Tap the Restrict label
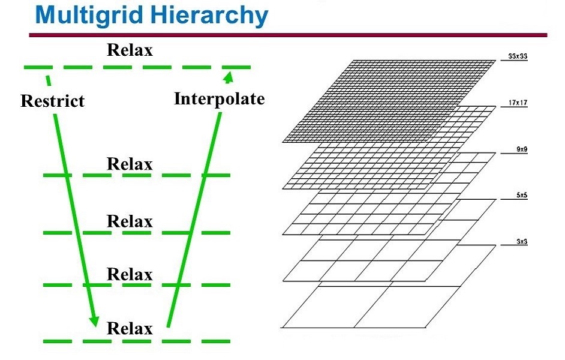pyautogui.click(x=53, y=101)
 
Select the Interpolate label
pyautogui.click(x=220, y=99)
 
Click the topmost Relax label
pyautogui.click(x=130, y=50)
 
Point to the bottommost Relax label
pyautogui.click(x=130, y=328)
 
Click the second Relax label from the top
pyautogui.click(x=130, y=164)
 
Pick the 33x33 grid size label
pyautogui.click(x=518, y=56)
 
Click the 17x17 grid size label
pyautogui.click(x=518, y=103)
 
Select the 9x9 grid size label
pyautogui.click(x=522, y=149)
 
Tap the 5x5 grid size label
pyautogui.click(x=522, y=196)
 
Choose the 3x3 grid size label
pyautogui.click(x=522, y=241)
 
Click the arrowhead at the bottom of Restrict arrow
pyautogui.click(x=95, y=322)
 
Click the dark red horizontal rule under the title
pyautogui.click(x=288, y=35)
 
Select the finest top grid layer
pyautogui.click(x=389, y=101)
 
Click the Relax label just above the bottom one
pyautogui.click(x=130, y=274)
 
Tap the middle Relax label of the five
pyautogui.click(x=130, y=221)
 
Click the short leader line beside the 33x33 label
pyautogui.click(x=514, y=61)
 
